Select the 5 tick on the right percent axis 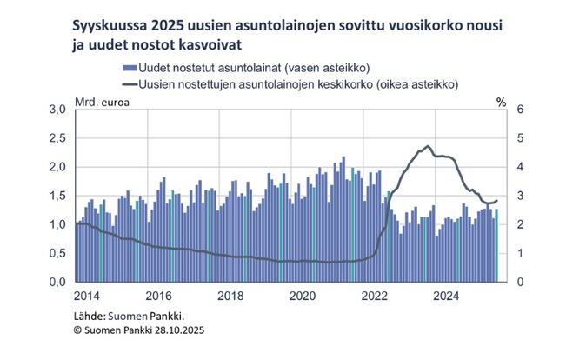(519, 138)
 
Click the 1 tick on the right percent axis (519, 253)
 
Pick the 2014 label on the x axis (87, 297)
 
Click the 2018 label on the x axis (230, 297)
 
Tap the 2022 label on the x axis (375, 297)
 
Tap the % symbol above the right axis (501, 101)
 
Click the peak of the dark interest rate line (428, 147)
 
